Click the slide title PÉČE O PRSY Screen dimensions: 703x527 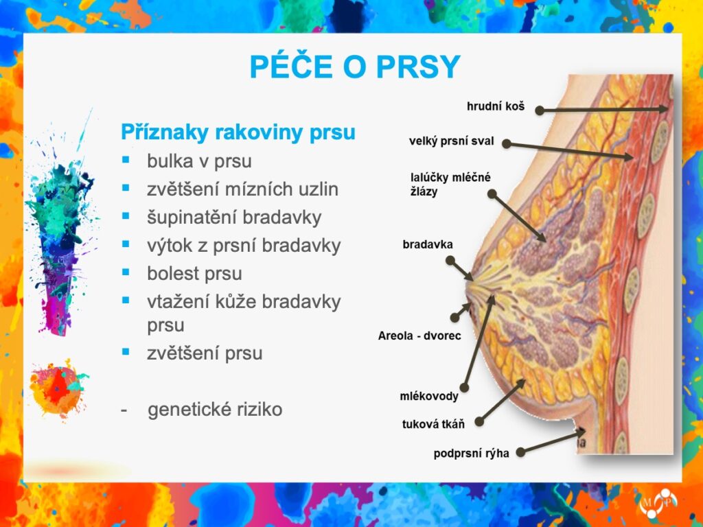click(355, 66)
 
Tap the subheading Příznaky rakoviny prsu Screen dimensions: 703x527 click(238, 132)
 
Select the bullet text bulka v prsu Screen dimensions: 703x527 click(199, 161)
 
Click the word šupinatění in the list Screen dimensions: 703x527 click(188, 218)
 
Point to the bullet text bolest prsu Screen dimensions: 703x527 click(194, 273)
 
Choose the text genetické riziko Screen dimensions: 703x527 click(215, 409)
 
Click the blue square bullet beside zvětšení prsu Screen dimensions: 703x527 click(126, 352)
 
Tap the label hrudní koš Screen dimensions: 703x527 click(496, 106)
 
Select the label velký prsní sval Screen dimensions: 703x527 click(451, 141)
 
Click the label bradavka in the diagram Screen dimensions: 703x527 click(428, 245)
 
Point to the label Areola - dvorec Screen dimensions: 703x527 click(419, 336)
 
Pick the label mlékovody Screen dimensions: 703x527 click(429, 396)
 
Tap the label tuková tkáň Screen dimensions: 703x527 click(433, 424)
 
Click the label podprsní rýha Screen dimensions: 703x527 click(471, 454)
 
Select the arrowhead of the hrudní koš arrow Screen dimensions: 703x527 click(664, 108)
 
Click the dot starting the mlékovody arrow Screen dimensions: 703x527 click(465, 388)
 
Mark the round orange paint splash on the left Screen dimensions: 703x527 click(58, 388)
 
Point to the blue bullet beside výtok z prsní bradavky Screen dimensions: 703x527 click(126, 244)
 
